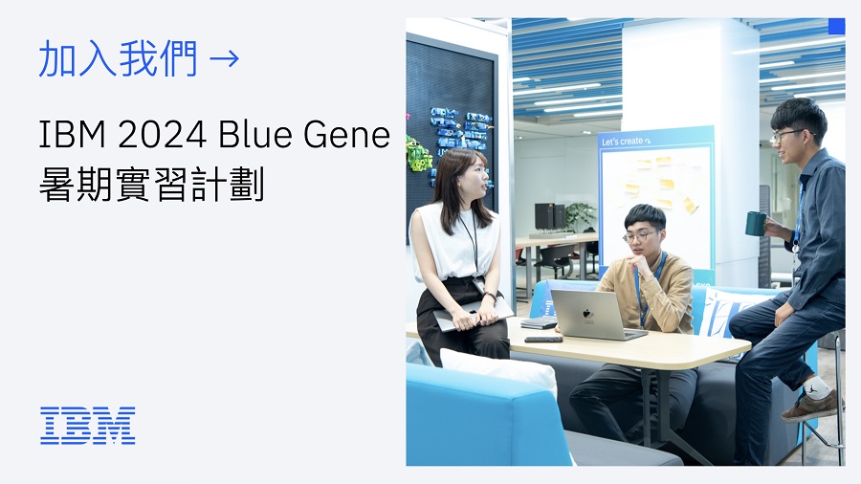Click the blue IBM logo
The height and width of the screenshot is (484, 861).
tap(88, 426)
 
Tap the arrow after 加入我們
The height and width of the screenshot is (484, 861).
tap(225, 58)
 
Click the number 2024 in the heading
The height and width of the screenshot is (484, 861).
tap(163, 135)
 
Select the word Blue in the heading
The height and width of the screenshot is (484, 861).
tap(254, 135)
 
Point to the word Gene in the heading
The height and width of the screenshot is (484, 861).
tap(346, 135)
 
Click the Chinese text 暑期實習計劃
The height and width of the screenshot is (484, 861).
tap(152, 184)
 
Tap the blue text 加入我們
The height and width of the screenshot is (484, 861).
tap(118, 58)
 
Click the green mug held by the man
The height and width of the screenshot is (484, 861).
tap(756, 223)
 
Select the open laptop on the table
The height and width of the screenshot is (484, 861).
tap(597, 315)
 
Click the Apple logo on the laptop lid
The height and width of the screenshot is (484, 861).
tap(588, 315)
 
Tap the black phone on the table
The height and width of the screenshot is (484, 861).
tap(543, 340)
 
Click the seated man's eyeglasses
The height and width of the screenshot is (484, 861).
tap(639, 236)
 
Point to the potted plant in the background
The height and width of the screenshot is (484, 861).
tap(580, 215)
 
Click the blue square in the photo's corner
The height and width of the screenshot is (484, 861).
tap(836, 27)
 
